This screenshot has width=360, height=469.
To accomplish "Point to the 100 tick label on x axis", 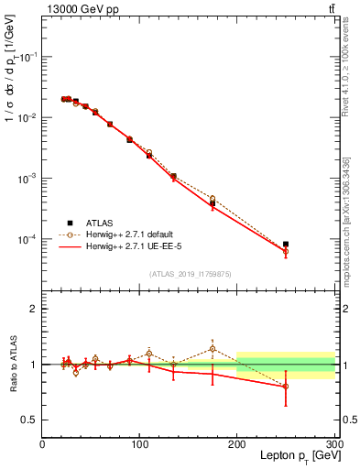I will pyautogui.click(x=139, y=443).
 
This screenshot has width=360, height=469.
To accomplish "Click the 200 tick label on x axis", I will pyautogui.click(x=237, y=443).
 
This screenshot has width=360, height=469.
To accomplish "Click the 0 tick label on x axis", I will pyautogui.click(x=42, y=443).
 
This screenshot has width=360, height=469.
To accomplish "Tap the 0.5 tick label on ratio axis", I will pyautogui.click(x=28, y=420).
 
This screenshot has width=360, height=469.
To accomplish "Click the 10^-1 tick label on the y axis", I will pyautogui.click(x=27, y=57).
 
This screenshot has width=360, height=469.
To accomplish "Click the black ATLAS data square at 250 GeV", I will pyautogui.click(x=286, y=245).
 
